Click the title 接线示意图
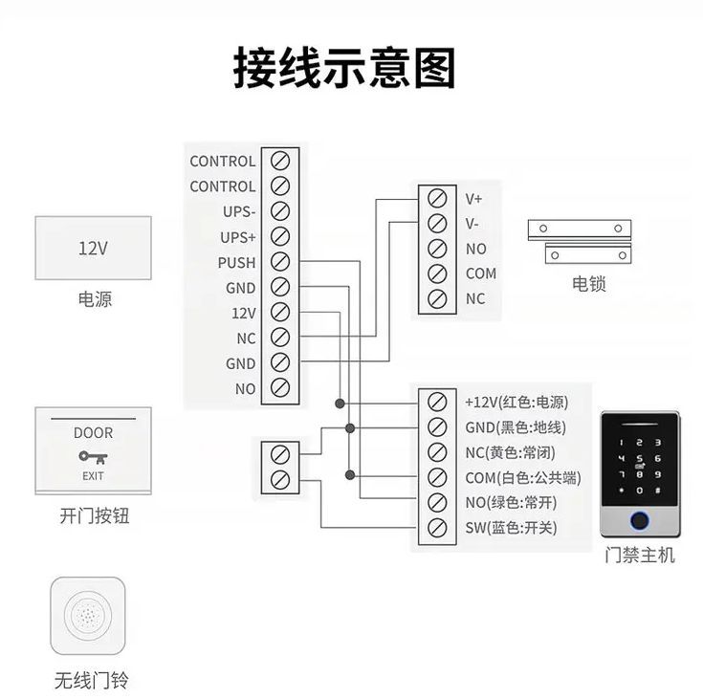tap(344, 68)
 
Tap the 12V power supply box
tap(93, 248)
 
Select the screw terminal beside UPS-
tap(280, 211)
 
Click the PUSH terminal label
tap(236, 263)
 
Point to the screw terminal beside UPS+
tap(280, 236)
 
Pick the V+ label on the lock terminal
tap(474, 199)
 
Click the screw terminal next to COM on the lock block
tap(437, 273)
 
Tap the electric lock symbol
tap(581, 241)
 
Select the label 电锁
tap(589, 284)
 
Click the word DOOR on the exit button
tap(93, 433)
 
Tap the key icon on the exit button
tap(92, 456)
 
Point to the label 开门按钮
tap(94, 517)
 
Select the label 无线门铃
tap(92, 681)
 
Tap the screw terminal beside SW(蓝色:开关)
tap(437, 527)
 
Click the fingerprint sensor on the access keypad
tap(639, 521)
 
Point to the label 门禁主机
tap(639, 555)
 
